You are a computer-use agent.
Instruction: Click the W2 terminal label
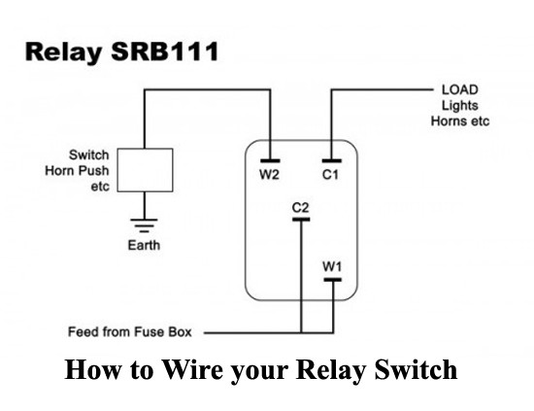tap(269, 175)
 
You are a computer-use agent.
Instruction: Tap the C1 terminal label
tap(330, 175)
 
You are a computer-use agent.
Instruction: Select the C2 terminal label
tap(300, 207)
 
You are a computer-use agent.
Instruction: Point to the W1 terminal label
tap(332, 266)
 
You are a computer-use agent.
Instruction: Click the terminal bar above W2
tap(271, 161)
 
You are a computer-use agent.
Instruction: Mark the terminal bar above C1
tap(332, 161)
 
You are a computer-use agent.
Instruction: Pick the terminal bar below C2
tap(301, 220)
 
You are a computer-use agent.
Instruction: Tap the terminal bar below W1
tap(333, 280)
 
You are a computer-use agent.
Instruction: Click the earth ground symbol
tap(144, 225)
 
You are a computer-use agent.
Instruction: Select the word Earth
tap(144, 245)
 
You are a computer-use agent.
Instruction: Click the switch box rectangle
tap(145, 170)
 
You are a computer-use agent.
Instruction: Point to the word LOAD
tap(460, 90)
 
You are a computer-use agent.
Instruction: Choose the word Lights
tap(460, 106)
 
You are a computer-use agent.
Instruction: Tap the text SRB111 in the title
tap(165, 51)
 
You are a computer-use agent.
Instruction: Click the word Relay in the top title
tap(64, 52)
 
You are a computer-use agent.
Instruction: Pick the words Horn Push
tap(77, 170)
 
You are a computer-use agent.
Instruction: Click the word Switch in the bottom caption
tap(416, 369)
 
